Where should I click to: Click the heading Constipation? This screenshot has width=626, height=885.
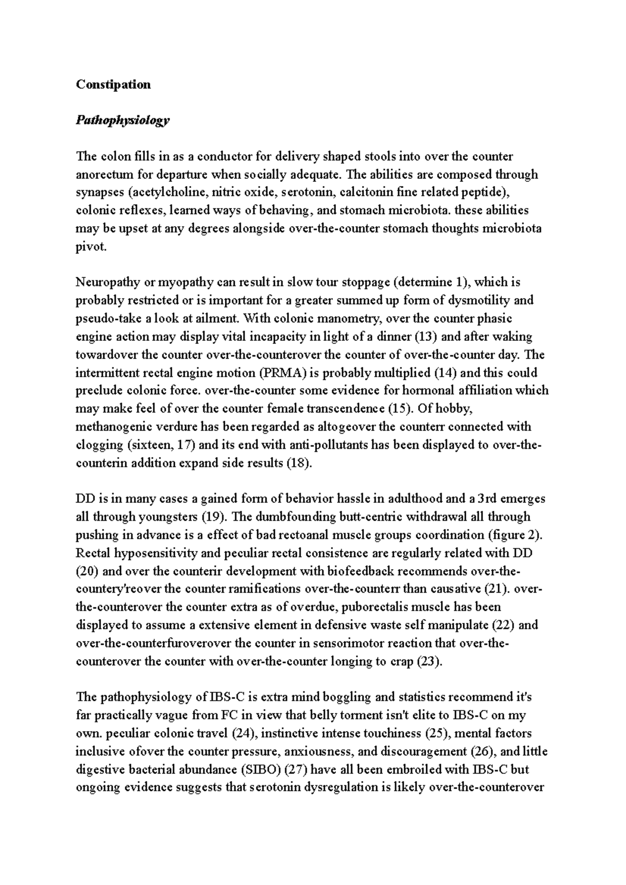113,84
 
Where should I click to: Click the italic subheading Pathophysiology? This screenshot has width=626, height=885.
123,120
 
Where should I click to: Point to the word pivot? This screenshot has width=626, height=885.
91,247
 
